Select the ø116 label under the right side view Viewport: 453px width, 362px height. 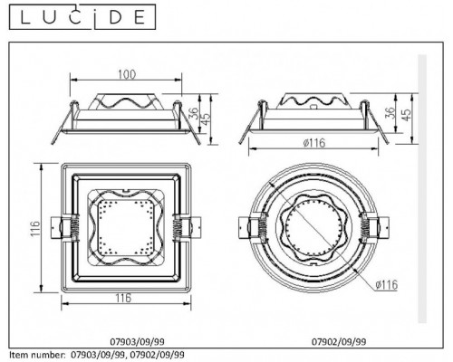tap(314, 144)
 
